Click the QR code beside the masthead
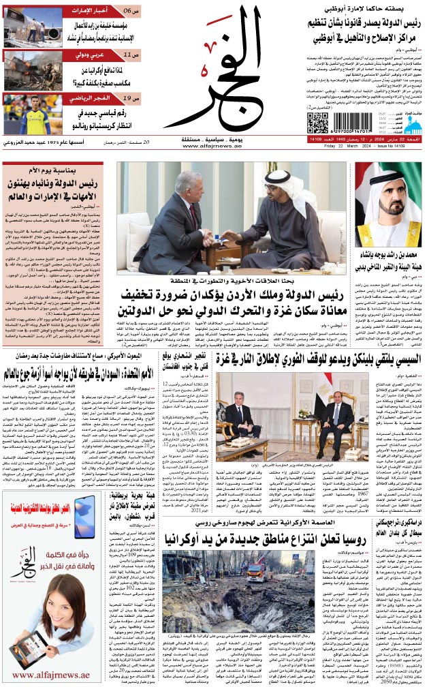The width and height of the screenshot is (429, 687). pos(317,123)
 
